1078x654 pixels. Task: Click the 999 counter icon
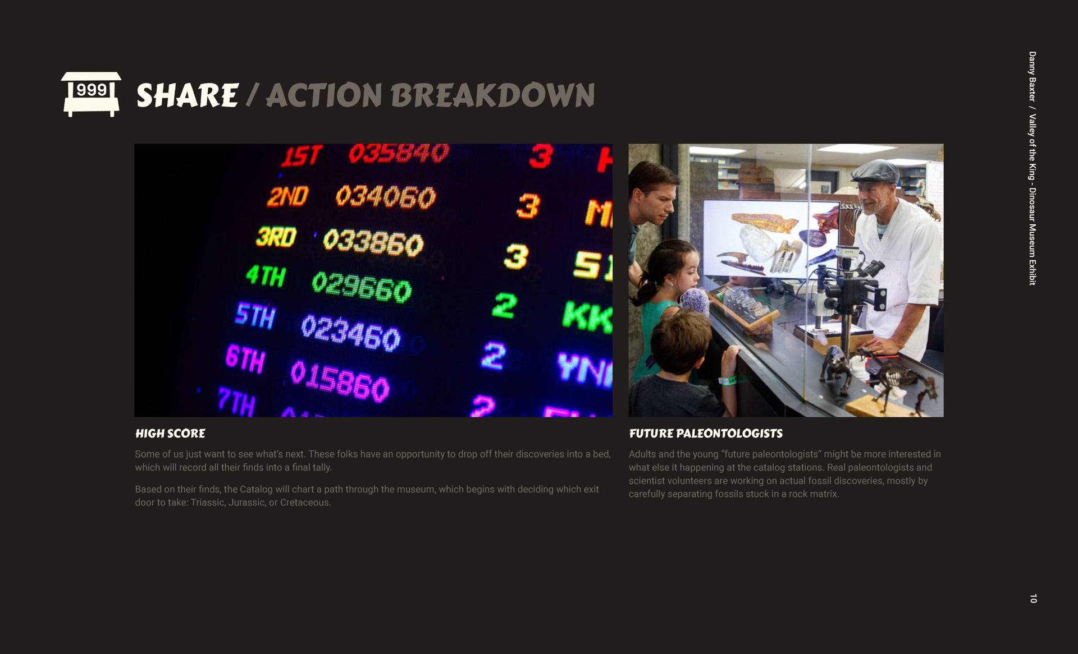[91, 94]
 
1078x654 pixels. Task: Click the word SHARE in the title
[188, 95]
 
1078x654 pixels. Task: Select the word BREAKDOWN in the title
[493, 95]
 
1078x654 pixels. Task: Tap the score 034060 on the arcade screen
[385, 197]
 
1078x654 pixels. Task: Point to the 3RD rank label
[276, 237]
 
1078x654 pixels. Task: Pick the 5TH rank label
[255, 315]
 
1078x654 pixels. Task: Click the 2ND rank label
[287, 197]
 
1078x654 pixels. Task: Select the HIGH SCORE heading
[170, 434]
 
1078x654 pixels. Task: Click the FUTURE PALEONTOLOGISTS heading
[706, 434]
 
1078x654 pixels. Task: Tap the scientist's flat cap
[874, 171]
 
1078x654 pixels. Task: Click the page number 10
[1033, 598]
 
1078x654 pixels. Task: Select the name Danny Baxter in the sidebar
[1033, 76]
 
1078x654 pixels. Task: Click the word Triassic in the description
[208, 503]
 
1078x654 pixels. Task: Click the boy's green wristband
[728, 381]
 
